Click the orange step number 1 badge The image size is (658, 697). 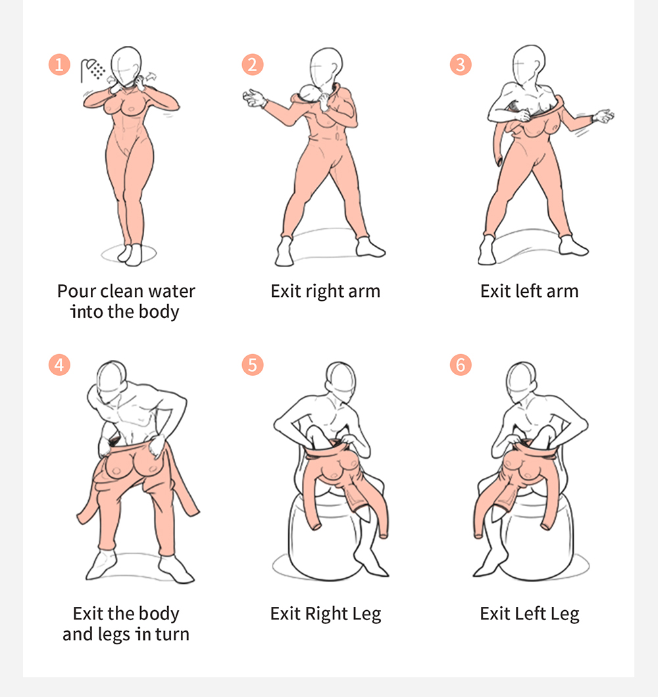59,65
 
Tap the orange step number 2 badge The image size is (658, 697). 253,65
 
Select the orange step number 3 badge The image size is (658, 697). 461,65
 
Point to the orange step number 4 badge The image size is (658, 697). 59,365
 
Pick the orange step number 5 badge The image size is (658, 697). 253,365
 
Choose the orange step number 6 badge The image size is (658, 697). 461,365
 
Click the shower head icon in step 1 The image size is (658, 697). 92,70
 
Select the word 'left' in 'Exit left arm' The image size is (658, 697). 528,291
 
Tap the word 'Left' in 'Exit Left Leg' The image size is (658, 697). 530,613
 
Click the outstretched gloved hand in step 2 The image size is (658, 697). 255,98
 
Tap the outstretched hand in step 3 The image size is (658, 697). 603,116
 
